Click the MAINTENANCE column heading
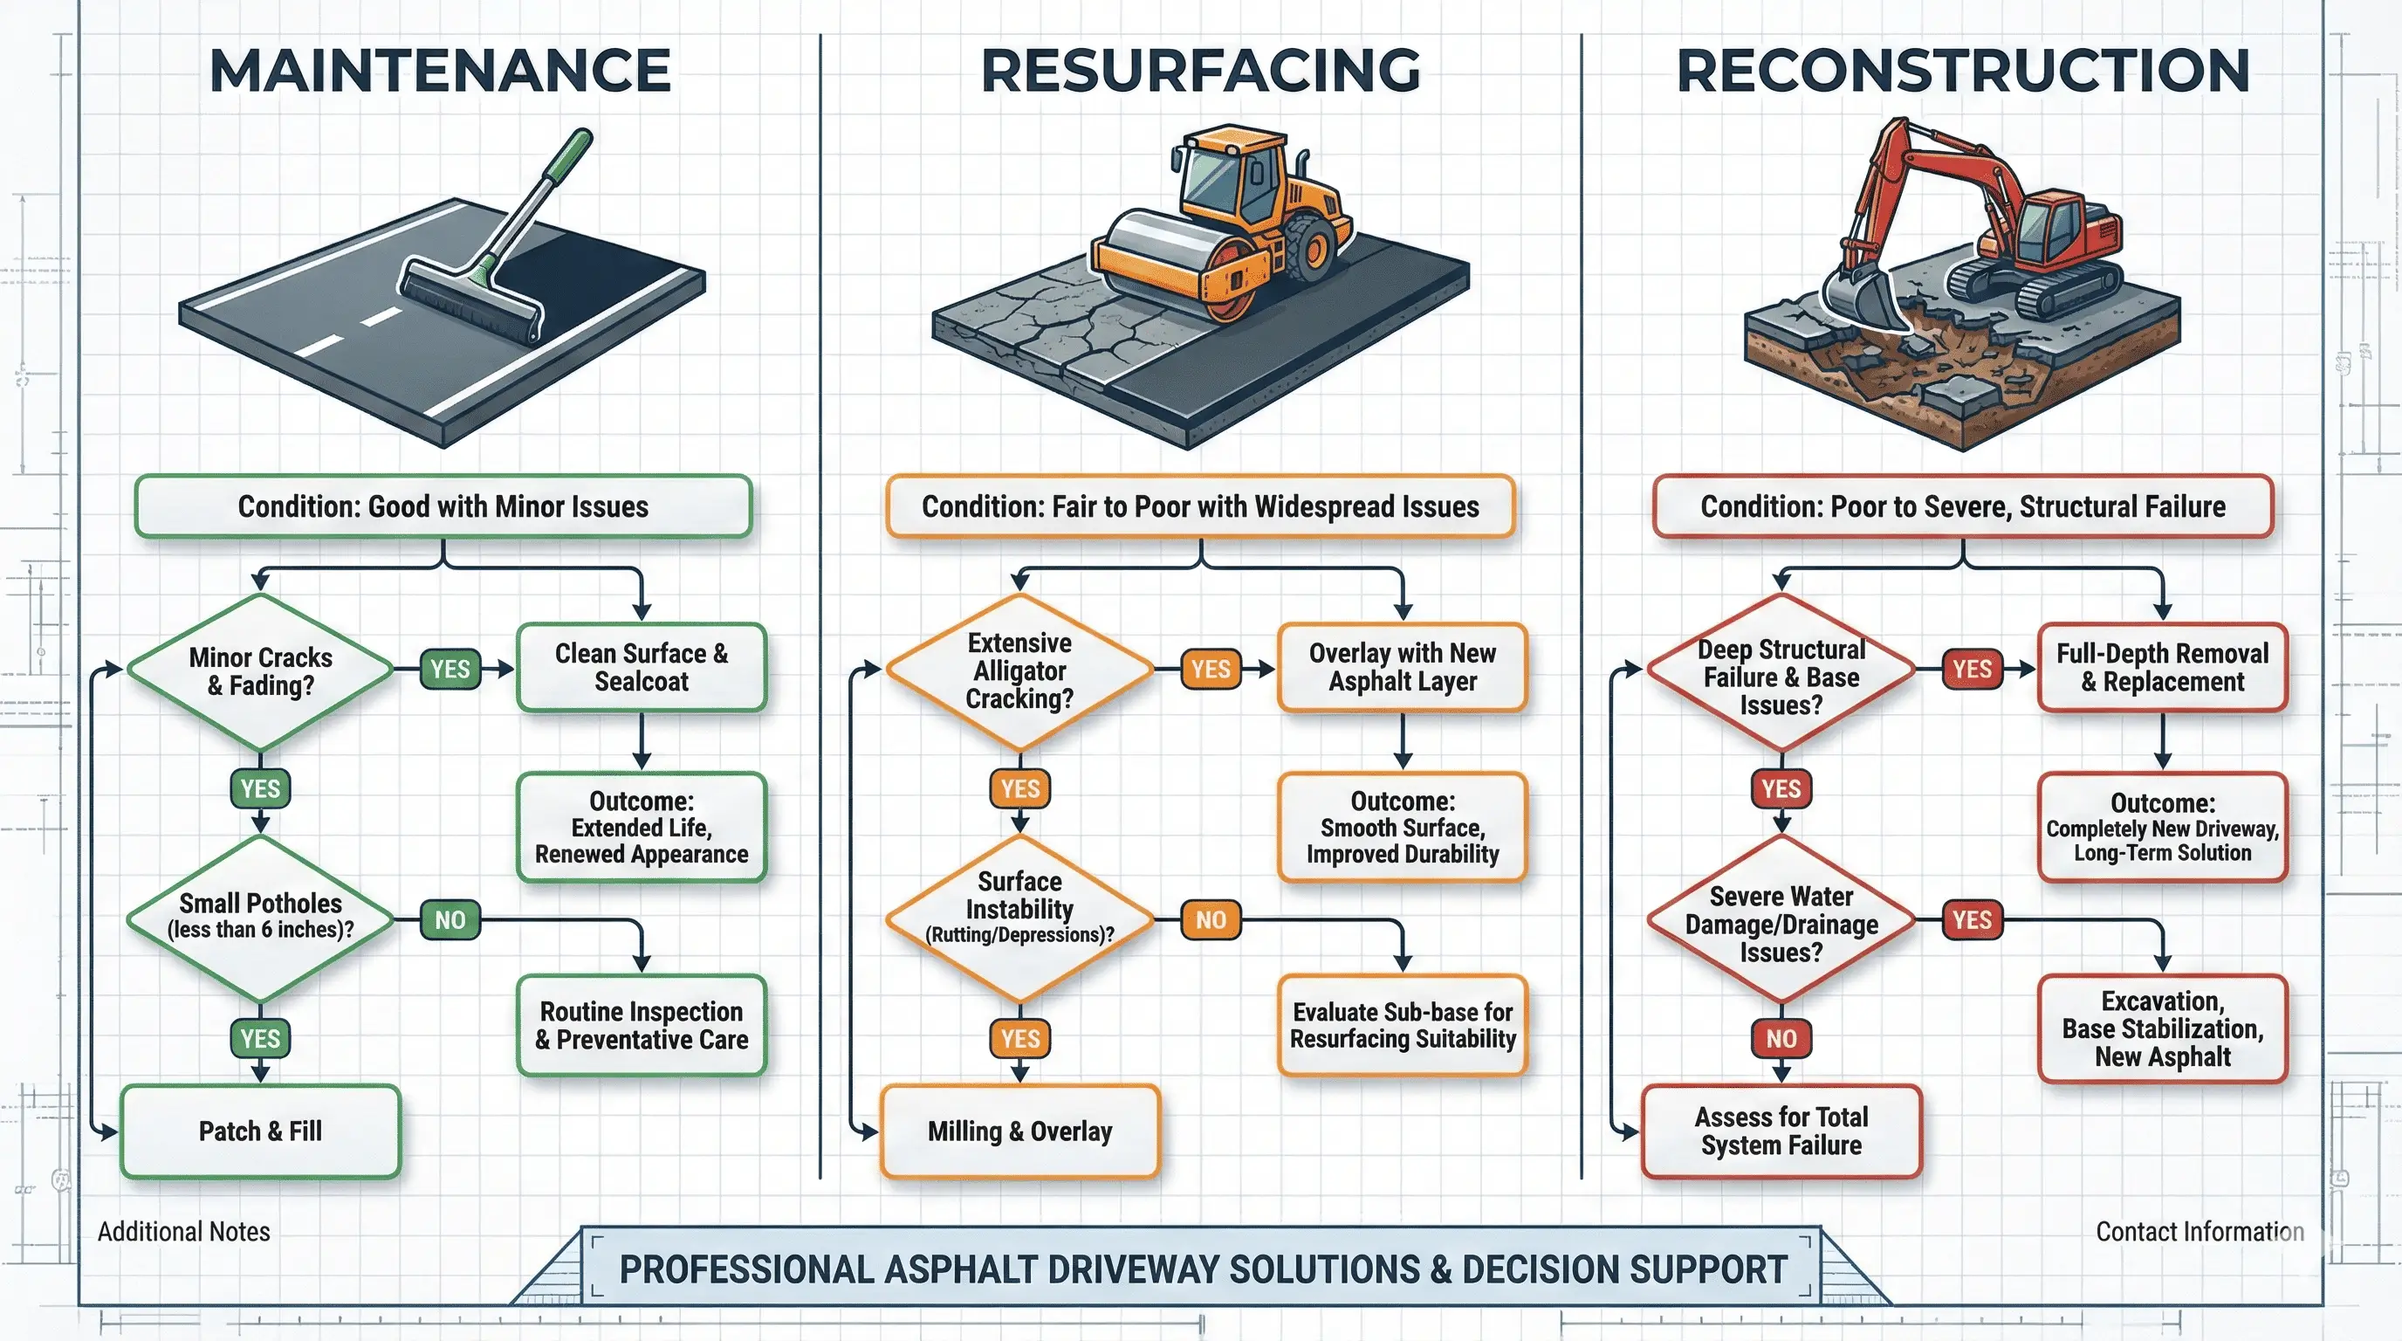(x=439, y=71)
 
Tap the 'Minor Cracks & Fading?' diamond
(x=260, y=671)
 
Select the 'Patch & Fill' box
(x=260, y=1131)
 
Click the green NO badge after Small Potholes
(x=450, y=920)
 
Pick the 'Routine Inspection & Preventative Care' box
(x=642, y=1026)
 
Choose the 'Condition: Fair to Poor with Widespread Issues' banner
(x=1200, y=506)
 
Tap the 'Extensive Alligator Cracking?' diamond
(x=1019, y=671)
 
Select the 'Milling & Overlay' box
(x=1019, y=1131)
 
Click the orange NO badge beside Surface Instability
(x=1211, y=920)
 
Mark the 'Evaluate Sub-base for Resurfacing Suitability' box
(x=1403, y=1026)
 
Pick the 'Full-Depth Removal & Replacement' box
(x=2161, y=668)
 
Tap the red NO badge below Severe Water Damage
(x=1780, y=1039)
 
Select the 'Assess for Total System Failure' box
(x=1781, y=1131)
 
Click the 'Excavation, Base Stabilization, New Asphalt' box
(x=2161, y=1028)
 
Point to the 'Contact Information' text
(x=2199, y=1232)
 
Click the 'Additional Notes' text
(x=183, y=1232)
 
